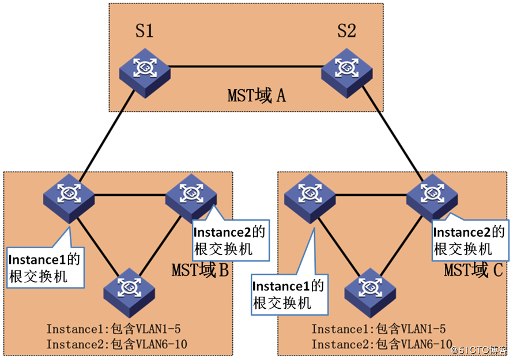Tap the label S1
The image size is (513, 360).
click(x=144, y=31)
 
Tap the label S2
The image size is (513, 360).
click(x=346, y=31)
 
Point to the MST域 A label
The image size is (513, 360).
click(x=256, y=95)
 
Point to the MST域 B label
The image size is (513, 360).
click(x=200, y=270)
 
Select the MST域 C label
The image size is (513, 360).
click(x=474, y=270)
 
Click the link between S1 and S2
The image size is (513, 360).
click(x=245, y=67)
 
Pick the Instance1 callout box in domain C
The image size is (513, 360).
click(x=289, y=294)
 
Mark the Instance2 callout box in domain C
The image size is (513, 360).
click(x=470, y=241)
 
